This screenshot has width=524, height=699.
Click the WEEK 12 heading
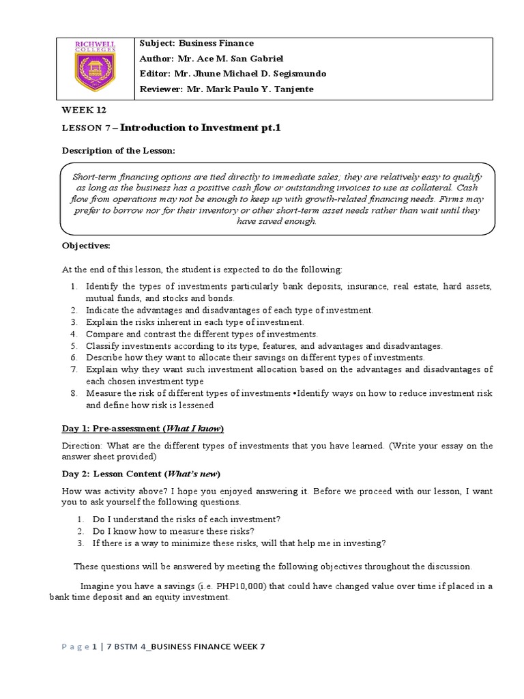pyautogui.click(x=84, y=110)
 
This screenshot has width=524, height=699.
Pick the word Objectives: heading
pyautogui.click(x=86, y=245)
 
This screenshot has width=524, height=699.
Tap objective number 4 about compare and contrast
pyautogui.click(x=201, y=334)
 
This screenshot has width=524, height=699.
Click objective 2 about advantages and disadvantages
pyautogui.click(x=229, y=310)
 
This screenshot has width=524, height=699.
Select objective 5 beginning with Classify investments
pyautogui.click(x=264, y=345)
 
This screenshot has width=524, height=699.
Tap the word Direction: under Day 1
pyautogui.click(x=81, y=446)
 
